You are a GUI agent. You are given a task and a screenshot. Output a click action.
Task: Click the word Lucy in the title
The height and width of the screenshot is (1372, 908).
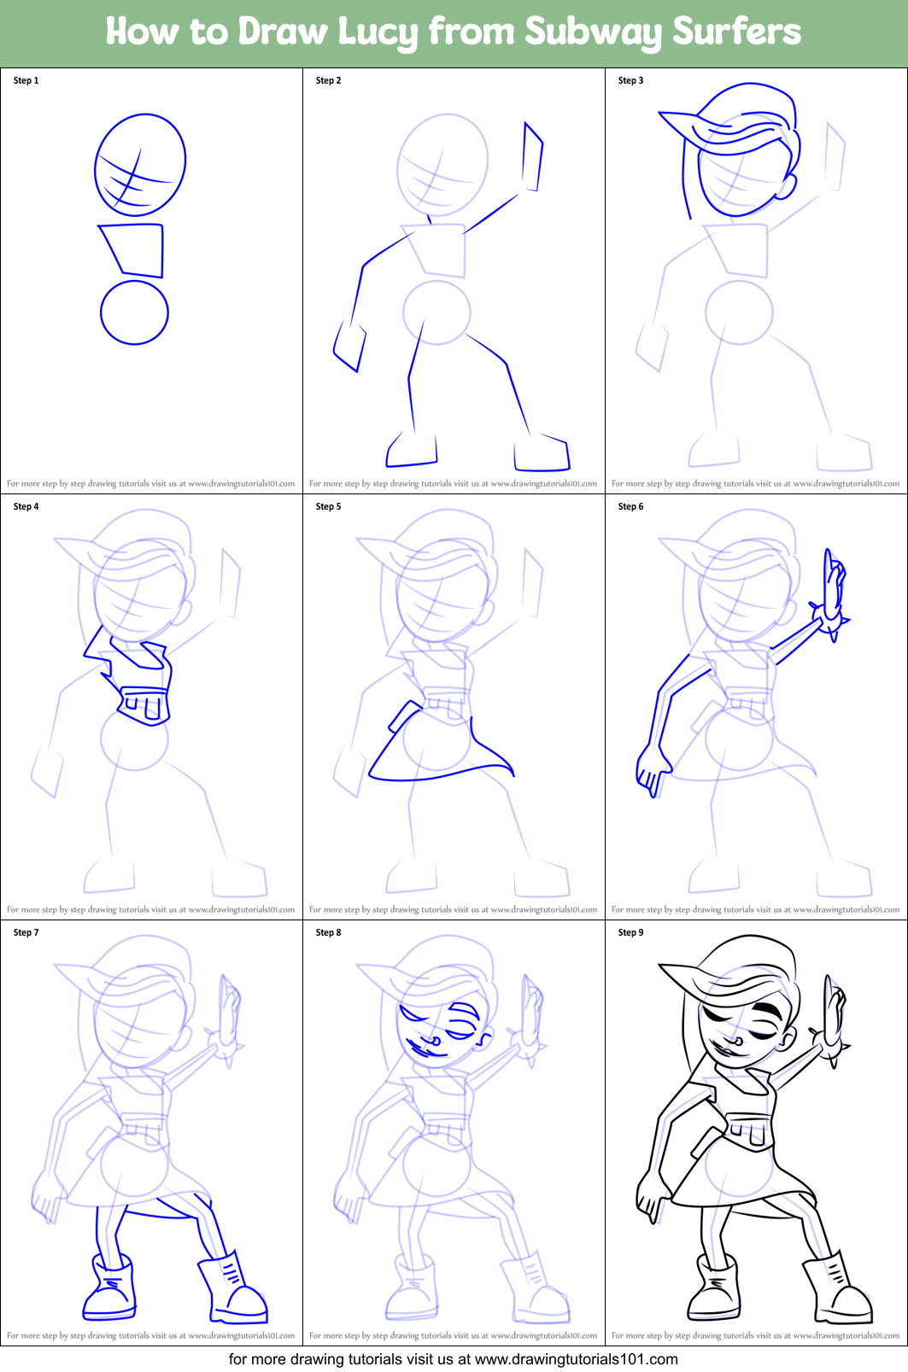(x=378, y=32)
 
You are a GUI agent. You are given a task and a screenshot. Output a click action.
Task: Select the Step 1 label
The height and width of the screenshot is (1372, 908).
(x=26, y=80)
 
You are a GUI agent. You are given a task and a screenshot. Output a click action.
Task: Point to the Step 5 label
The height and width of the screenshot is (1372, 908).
(x=328, y=506)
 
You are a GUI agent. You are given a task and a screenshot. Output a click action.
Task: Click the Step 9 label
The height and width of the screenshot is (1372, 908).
(x=630, y=932)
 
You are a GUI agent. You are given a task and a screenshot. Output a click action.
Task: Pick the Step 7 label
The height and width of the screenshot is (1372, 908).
(x=26, y=932)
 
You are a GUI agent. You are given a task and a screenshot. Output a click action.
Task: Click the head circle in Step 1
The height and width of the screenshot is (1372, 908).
(x=140, y=164)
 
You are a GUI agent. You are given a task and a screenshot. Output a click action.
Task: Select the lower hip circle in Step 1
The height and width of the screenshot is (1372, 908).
(x=134, y=312)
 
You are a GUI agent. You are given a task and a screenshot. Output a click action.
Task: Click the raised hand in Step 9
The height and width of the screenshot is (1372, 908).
(x=833, y=1020)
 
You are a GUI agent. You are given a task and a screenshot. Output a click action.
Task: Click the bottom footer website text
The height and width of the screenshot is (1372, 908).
(x=453, y=1358)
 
